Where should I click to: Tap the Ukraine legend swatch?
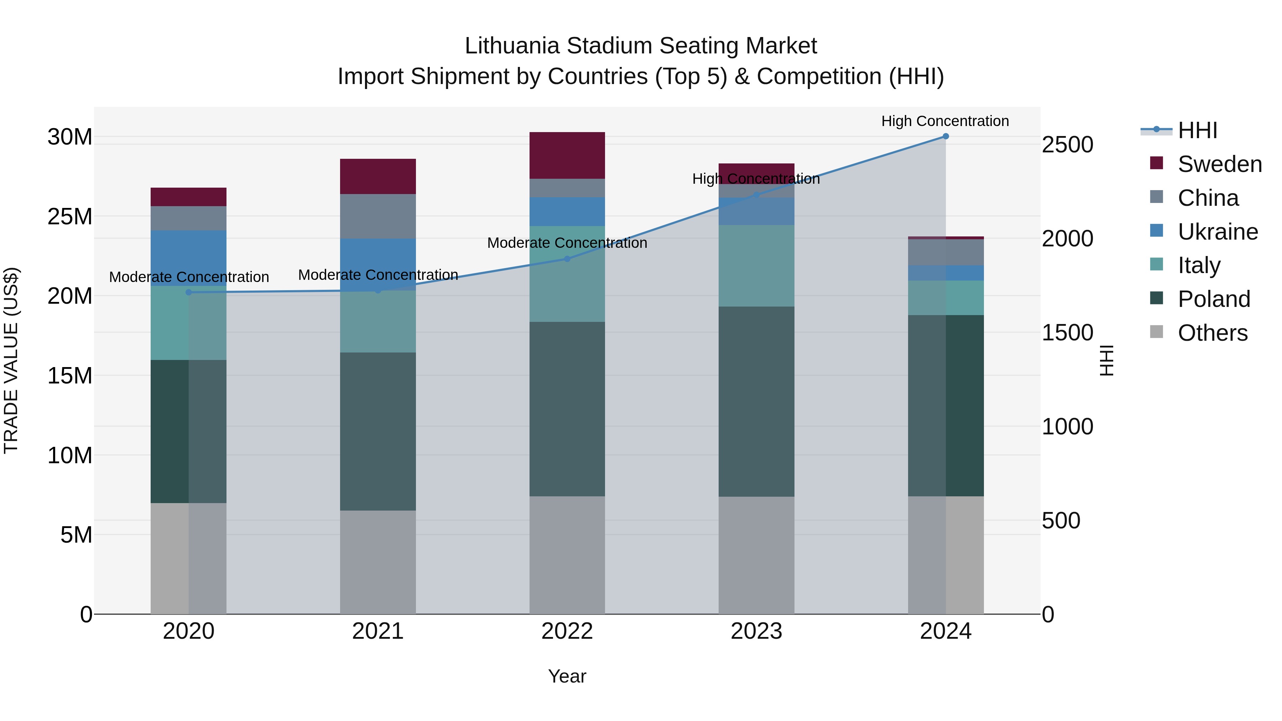point(1157,231)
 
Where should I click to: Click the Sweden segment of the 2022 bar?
point(567,155)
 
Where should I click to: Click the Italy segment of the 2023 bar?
point(756,265)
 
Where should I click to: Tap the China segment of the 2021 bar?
point(378,216)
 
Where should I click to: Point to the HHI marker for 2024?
point(945,136)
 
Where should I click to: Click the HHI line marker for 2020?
point(189,292)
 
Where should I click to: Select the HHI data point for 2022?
point(567,259)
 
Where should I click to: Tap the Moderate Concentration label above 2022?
point(567,243)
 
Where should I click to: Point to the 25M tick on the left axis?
point(70,216)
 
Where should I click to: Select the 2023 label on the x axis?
point(756,631)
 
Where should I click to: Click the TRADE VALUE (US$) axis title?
point(11,360)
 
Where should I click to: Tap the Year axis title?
point(567,676)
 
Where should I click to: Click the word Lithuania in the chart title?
point(512,46)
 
